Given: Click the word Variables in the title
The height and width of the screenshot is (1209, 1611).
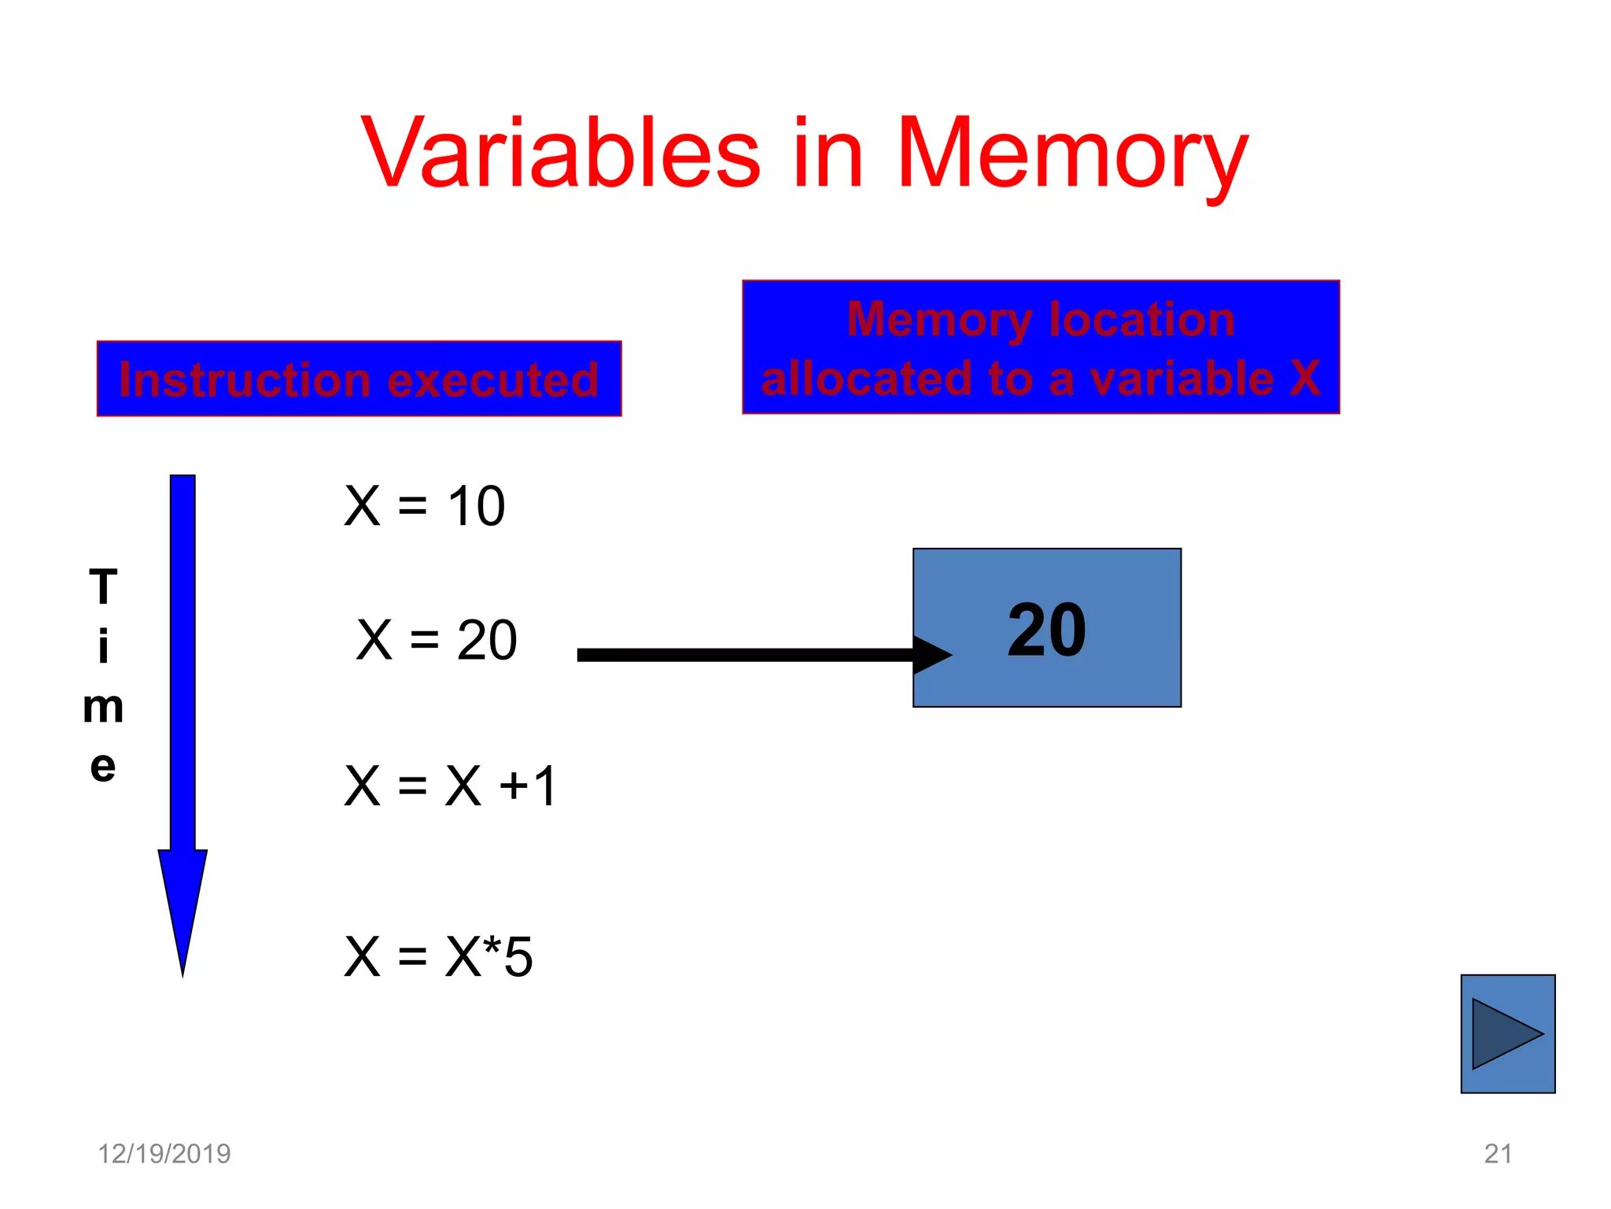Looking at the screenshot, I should (x=560, y=153).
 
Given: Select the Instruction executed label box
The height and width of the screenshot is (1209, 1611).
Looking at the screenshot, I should (x=359, y=379).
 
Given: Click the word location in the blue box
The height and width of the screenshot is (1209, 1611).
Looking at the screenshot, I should (x=1141, y=320).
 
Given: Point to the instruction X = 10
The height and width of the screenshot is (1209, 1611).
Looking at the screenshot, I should (x=425, y=505).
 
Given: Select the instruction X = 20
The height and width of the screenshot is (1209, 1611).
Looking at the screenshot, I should (x=437, y=639).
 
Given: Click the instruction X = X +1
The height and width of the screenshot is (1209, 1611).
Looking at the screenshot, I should (x=451, y=786).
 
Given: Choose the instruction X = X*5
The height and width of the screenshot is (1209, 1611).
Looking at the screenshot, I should (x=439, y=957).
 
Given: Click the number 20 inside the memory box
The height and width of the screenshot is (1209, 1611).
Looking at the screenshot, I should (x=1046, y=630).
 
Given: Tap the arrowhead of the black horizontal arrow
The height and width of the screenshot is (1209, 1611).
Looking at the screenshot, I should (x=933, y=655).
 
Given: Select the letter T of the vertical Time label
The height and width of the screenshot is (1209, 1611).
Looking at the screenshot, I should (x=103, y=587).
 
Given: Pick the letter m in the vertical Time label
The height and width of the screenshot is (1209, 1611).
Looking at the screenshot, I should (x=103, y=707).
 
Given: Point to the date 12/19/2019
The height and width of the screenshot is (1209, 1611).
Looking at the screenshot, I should (x=164, y=1154).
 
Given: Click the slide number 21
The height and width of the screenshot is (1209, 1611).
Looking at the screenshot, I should (x=1498, y=1154).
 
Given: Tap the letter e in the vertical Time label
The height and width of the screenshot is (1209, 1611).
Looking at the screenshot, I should (x=103, y=766).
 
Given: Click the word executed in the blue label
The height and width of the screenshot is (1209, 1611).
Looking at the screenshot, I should (x=493, y=380).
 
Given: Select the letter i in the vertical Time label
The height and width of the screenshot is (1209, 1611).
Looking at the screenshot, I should (x=103, y=647).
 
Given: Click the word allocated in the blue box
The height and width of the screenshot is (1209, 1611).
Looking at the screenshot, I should (x=866, y=379).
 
